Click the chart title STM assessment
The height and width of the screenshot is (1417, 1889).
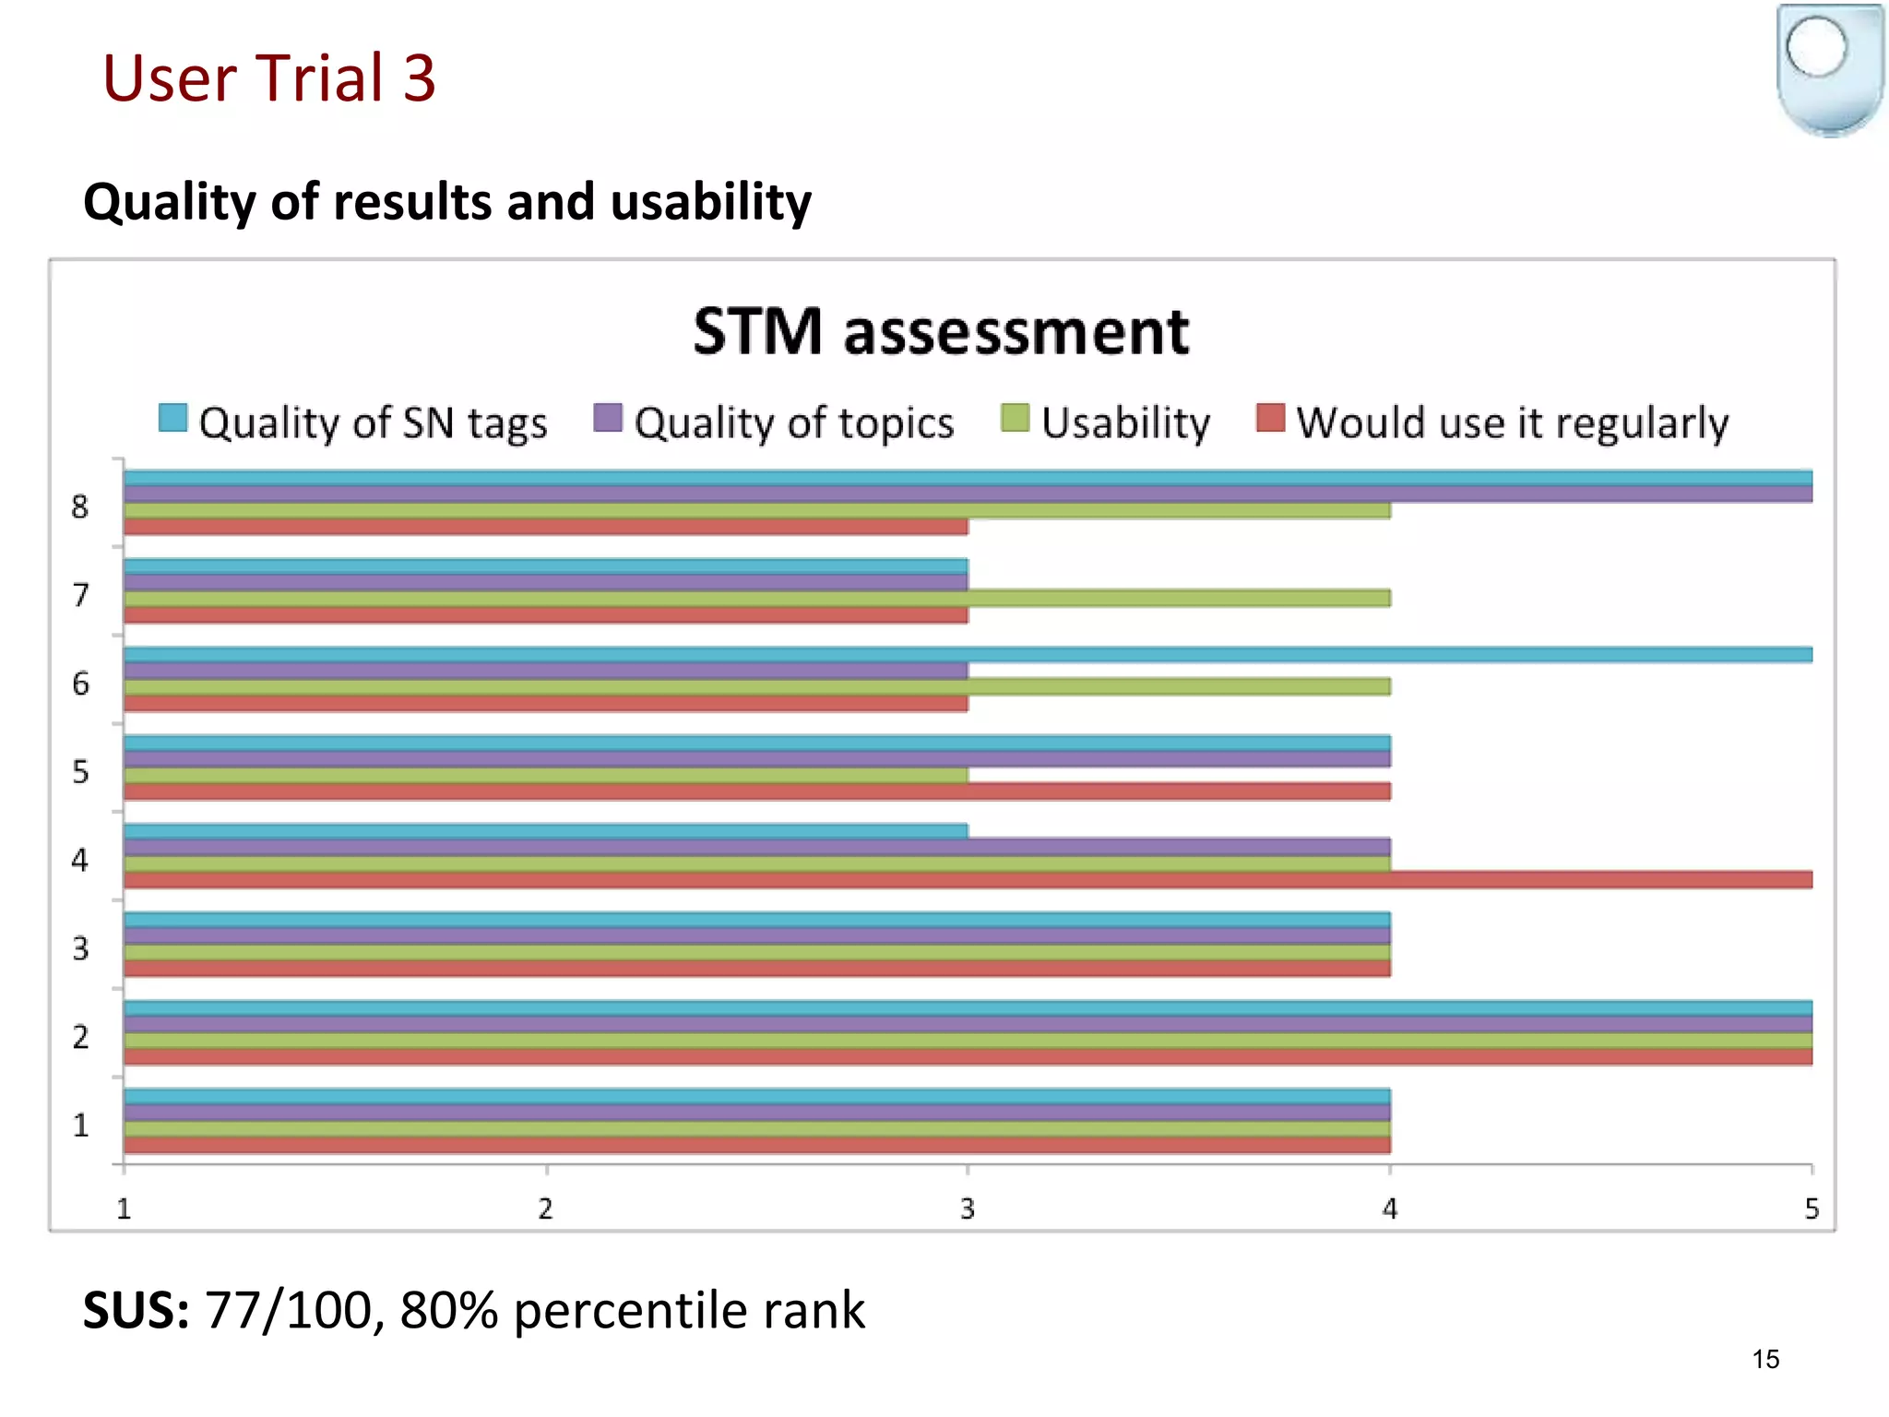click(941, 332)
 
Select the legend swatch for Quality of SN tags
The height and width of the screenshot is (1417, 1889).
click(173, 418)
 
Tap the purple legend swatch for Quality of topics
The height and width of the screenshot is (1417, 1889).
click(608, 418)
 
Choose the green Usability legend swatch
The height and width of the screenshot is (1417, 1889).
click(1015, 418)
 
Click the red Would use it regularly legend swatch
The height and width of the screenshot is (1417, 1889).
click(1270, 418)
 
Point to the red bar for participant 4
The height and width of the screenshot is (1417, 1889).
click(968, 880)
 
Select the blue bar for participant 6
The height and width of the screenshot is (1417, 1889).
click(968, 655)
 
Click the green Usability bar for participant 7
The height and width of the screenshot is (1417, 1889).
click(756, 599)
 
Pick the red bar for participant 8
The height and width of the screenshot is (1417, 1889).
click(544, 527)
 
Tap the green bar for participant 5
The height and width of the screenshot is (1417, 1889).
click(544, 776)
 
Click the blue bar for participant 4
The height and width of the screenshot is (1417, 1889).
click(544, 831)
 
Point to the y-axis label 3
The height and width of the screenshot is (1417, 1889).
click(81, 948)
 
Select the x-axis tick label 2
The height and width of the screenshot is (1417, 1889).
click(546, 1209)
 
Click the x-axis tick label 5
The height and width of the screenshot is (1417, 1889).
click(1812, 1209)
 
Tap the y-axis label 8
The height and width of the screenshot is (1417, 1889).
click(80, 506)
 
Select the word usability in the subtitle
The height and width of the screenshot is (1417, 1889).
click(711, 202)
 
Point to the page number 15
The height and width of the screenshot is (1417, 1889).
click(1765, 1359)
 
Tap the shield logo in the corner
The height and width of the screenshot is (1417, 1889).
click(1829, 69)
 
